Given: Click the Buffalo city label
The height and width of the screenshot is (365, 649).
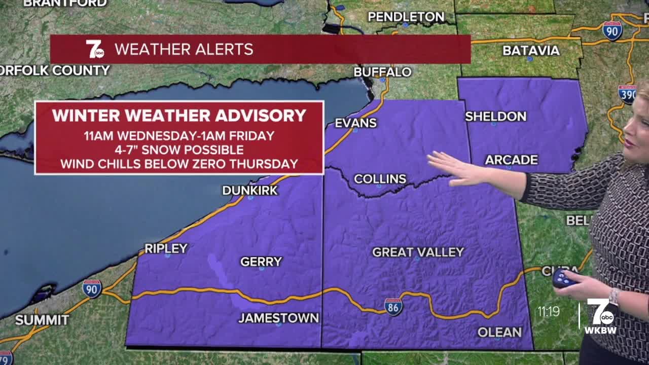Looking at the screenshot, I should coord(382,72).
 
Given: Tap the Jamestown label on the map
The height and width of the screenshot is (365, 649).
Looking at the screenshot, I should coord(278,318).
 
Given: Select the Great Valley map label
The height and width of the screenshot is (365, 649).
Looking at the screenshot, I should coord(418,252).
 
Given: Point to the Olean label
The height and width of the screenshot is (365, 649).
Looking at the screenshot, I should coord(499,332).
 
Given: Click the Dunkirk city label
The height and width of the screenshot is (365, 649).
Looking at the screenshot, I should coord(250,191).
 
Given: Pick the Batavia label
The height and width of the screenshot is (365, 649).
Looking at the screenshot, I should coord(531,51).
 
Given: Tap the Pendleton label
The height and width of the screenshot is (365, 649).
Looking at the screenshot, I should coord(406,17).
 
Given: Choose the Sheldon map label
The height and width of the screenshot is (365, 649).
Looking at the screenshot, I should coord(495,117).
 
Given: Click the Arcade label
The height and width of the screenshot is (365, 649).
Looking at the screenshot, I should coord(511,160).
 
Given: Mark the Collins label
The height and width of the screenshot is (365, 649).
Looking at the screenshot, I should coord(380,179).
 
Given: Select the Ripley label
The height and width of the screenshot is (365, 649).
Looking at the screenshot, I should coord(166,248).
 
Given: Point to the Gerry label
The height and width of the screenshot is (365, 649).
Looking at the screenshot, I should coord(261,262).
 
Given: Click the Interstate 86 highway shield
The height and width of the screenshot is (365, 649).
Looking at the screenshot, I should coord(393,307).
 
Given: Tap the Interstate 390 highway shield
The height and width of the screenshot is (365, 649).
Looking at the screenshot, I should coord(627,94).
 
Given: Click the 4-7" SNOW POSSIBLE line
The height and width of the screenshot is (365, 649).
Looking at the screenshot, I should coord(178,150).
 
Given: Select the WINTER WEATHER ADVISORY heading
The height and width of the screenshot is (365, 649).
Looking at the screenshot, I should coord(179,116).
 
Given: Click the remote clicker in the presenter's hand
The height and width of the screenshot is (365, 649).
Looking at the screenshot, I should coord(563,278).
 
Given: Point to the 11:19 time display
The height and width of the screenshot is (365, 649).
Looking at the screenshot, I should coord(549,311).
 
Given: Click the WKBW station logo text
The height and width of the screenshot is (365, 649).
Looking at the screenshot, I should coord(600,331).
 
